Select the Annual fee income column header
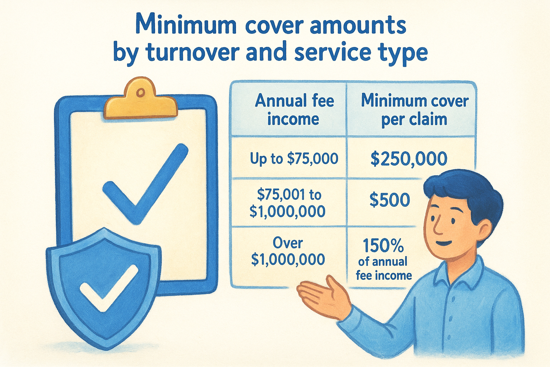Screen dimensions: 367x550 click(x=294, y=109)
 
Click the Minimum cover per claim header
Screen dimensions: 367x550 click(x=414, y=110)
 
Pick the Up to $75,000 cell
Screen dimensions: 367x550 click(x=294, y=158)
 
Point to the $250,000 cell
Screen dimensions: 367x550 click(x=409, y=159)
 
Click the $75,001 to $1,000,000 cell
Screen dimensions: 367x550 click(x=287, y=203)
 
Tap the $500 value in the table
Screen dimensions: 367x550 click(x=390, y=200)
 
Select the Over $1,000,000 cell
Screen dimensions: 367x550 click(x=288, y=251)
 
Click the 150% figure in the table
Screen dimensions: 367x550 click(x=383, y=246)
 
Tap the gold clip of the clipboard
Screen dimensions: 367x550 click(x=140, y=101)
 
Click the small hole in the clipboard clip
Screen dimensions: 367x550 click(x=141, y=93)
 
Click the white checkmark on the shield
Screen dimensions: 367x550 click(x=108, y=287)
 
